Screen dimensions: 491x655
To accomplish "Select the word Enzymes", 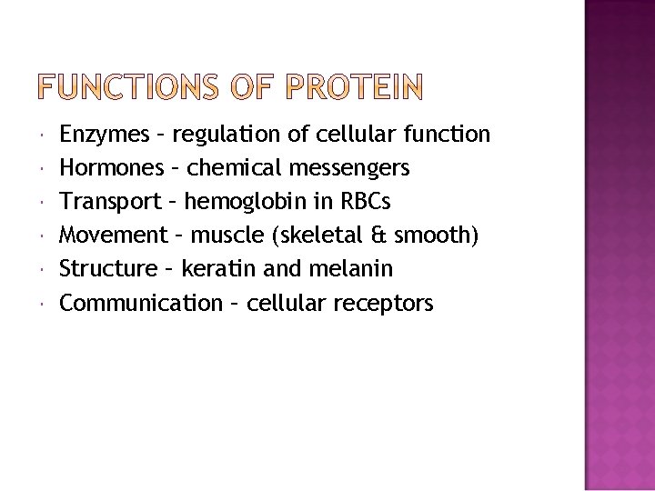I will [105, 135].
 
